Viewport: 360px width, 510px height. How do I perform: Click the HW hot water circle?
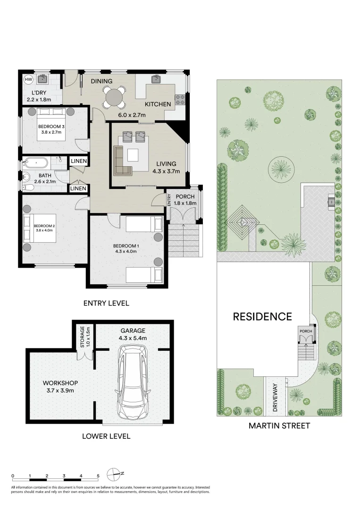coord(29,79)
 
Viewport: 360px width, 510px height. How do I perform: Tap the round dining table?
coord(114,96)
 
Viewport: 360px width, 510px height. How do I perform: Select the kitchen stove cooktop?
coord(180,100)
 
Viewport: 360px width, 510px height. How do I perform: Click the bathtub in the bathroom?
coord(36,162)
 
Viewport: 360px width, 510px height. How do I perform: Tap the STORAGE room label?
coord(83,337)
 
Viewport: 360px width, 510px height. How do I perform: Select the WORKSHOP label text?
coord(60,383)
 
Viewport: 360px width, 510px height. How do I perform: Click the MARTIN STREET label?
coord(279,425)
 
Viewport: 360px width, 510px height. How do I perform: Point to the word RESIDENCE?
coord(262,316)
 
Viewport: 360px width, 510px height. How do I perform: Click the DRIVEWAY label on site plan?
coord(275,398)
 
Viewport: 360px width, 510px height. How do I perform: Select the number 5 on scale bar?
coord(98,476)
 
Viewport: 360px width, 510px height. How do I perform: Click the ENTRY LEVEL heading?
coord(106,303)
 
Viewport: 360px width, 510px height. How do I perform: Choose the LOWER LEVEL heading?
coord(106,436)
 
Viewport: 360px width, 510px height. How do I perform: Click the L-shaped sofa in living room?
coord(123,161)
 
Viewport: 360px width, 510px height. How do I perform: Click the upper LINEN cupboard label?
coord(79,161)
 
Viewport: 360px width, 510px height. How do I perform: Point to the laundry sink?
coord(42,79)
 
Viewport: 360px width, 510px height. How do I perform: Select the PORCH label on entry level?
coord(185,196)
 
